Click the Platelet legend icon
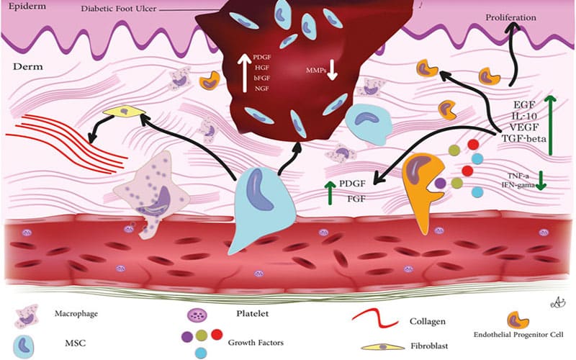[195, 314]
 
